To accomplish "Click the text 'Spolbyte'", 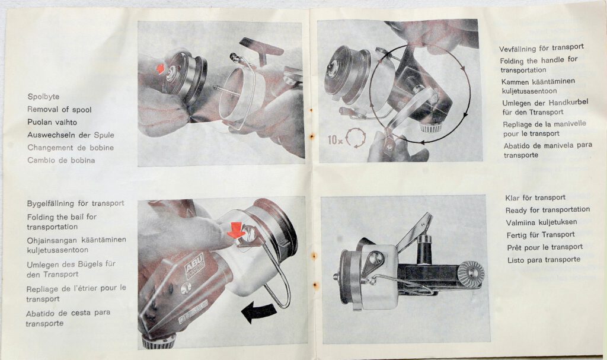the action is pyautogui.click(x=43, y=97).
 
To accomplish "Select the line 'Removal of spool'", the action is pyautogui.click(x=59, y=109).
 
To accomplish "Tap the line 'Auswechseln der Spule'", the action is pyautogui.click(x=71, y=135).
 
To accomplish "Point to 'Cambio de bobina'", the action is pyautogui.click(x=61, y=160).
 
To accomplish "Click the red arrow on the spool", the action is pyautogui.click(x=161, y=69).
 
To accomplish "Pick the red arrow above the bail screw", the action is pyautogui.click(x=236, y=230).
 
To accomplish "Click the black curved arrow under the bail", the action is pyautogui.click(x=258, y=311).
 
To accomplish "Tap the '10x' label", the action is pyautogui.click(x=336, y=139).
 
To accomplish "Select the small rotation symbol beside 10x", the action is pyautogui.click(x=356, y=138).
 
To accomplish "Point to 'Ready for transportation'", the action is pyautogui.click(x=548, y=210).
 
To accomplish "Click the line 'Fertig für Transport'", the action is pyautogui.click(x=541, y=235).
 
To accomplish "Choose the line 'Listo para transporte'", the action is pyautogui.click(x=544, y=260).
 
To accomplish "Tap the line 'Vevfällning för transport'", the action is pyautogui.click(x=541, y=48).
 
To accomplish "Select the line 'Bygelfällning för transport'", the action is pyautogui.click(x=76, y=203).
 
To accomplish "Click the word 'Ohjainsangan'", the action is pyautogui.click(x=52, y=240).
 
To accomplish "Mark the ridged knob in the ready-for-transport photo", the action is pyautogui.click(x=471, y=273).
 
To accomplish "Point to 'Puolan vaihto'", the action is pyautogui.click(x=52, y=122).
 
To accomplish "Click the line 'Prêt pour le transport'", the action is pyautogui.click(x=545, y=247).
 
